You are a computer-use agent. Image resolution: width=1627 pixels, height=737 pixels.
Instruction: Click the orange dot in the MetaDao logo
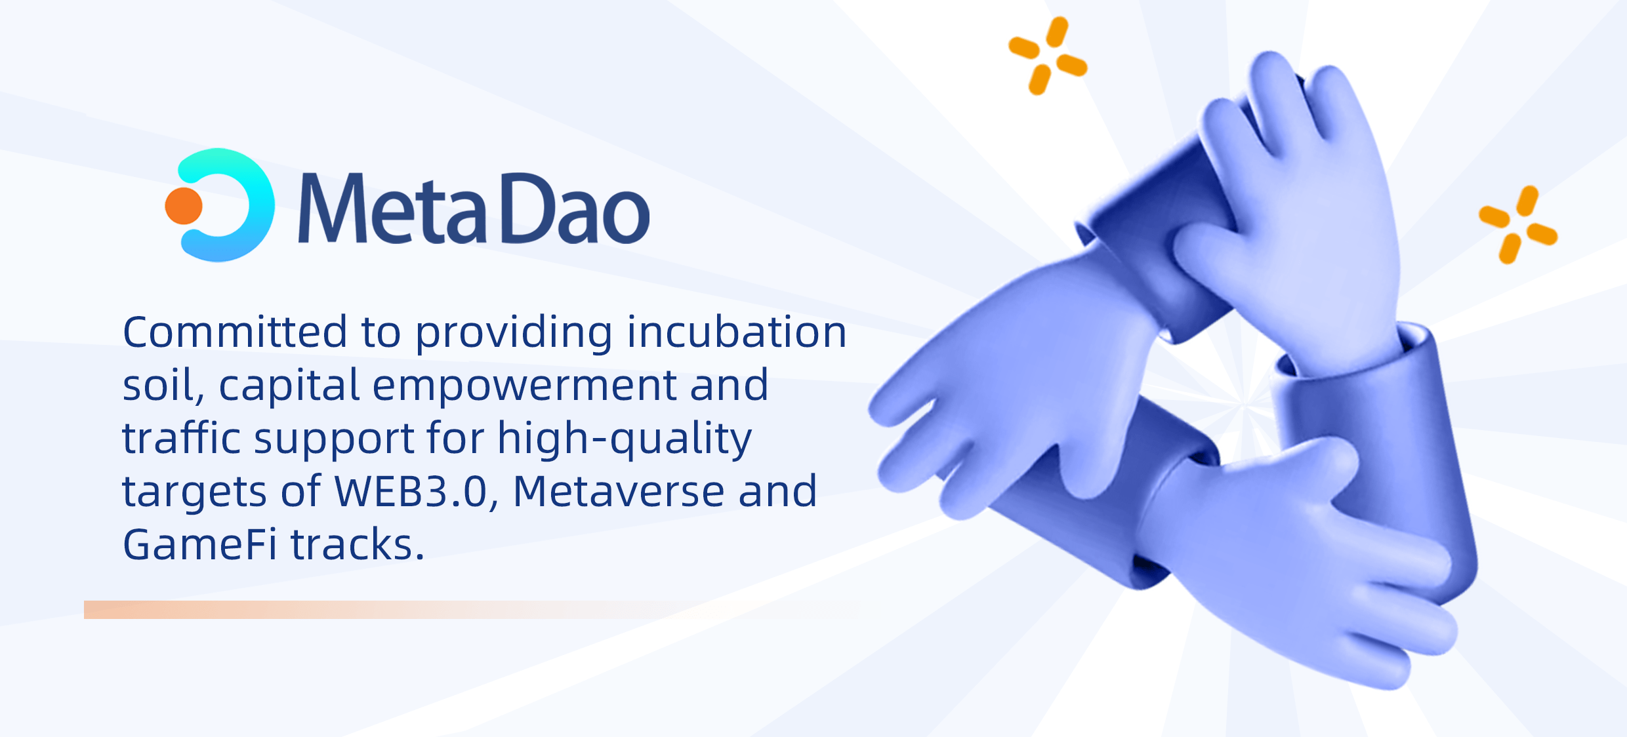(x=184, y=206)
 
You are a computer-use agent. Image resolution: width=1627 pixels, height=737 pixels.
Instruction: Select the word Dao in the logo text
(x=575, y=209)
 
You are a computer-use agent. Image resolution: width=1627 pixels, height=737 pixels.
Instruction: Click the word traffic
(x=182, y=438)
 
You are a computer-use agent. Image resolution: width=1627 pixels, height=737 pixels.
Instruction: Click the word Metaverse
(x=618, y=492)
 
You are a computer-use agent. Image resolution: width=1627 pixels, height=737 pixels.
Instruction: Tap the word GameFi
(x=199, y=545)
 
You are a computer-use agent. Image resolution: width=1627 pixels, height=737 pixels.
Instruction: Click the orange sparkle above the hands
(x=1048, y=56)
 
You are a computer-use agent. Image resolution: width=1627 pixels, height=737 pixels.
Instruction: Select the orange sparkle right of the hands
(x=1518, y=225)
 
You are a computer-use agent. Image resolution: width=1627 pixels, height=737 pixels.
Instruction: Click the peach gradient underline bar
(x=459, y=610)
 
